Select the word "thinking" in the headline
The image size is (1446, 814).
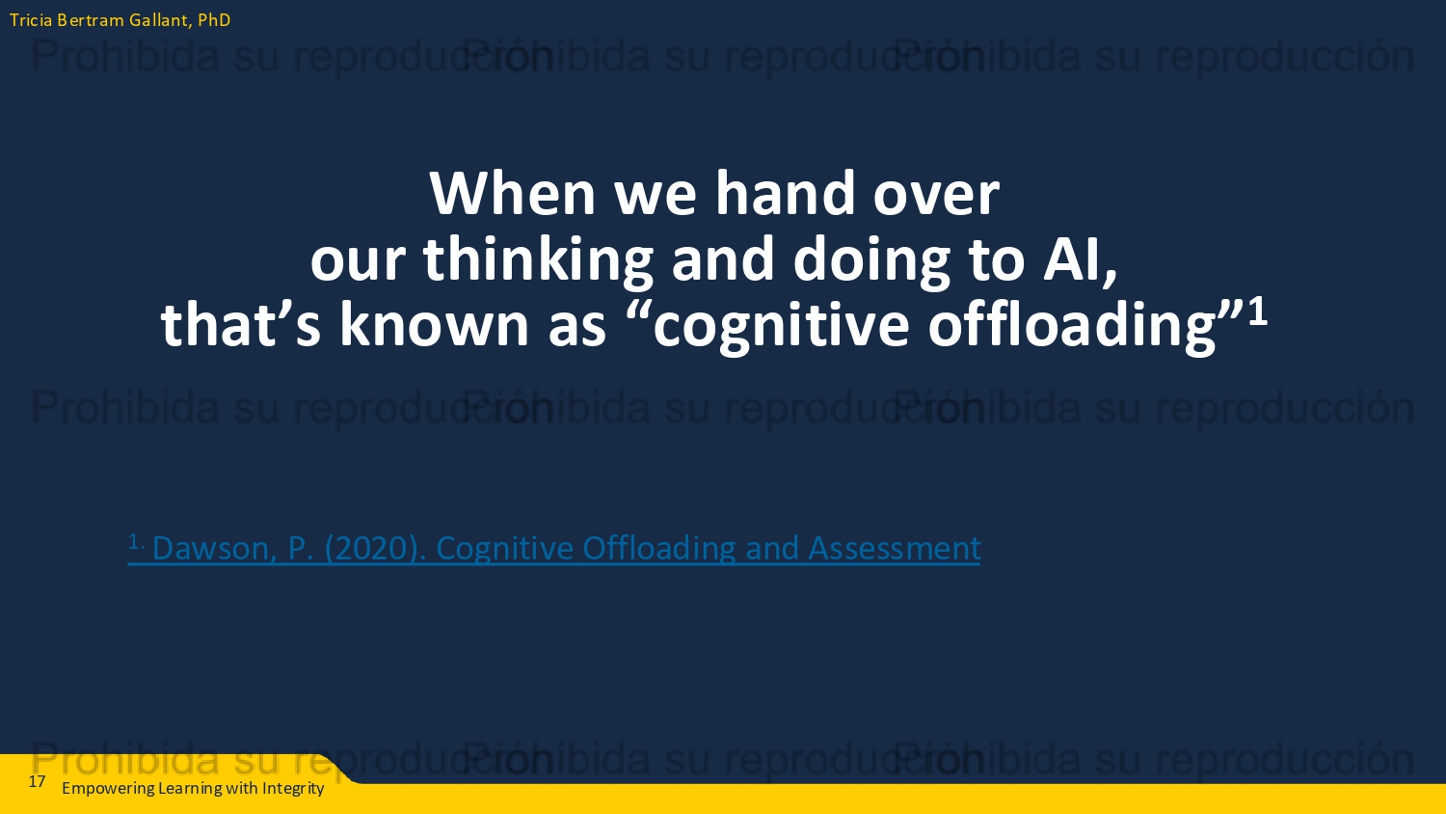click(x=538, y=259)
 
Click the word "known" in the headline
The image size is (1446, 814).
click(x=435, y=324)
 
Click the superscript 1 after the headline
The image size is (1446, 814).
click(x=1257, y=311)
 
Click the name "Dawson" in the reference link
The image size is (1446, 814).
click(x=214, y=548)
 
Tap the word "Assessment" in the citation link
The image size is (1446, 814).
click(x=894, y=548)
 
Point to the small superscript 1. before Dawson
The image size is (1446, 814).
click(x=136, y=541)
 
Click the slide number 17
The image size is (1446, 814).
click(x=37, y=782)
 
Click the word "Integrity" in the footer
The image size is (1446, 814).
click(x=293, y=789)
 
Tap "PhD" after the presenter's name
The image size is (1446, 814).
click(x=214, y=20)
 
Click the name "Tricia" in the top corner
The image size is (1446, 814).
click(x=31, y=20)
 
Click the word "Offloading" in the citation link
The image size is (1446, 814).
click(x=659, y=549)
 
